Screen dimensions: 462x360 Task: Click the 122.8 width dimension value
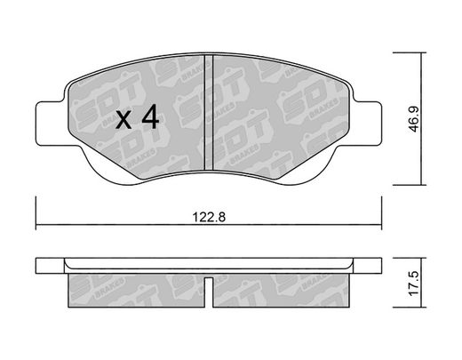[209, 217]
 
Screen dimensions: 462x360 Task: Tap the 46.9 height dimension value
[415, 118]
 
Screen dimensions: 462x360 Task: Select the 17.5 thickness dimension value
[414, 283]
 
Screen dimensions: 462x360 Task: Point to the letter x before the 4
[123, 120]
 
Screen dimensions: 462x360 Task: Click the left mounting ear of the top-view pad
[51, 124]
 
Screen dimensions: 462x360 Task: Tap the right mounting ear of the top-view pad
[366, 124]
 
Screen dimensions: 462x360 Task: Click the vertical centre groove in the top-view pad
[209, 113]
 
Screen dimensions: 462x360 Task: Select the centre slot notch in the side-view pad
[209, 292]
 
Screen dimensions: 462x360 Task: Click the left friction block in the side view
[137, 291]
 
